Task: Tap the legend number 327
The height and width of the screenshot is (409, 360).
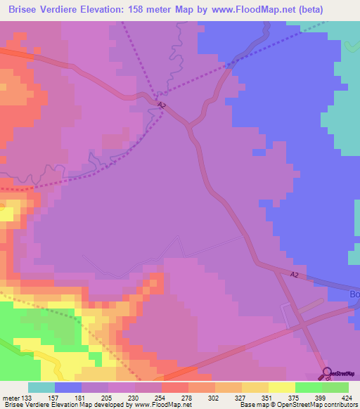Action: tap(242, 397)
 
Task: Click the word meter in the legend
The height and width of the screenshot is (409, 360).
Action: tap(11, 397)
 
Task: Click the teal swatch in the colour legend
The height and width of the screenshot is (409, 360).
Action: tap(41, 387)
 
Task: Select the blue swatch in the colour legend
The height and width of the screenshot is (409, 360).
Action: tap(68, 387)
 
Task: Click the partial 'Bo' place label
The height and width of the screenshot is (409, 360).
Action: tap(354, 294)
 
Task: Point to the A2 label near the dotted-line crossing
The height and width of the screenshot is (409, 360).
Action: tap(162, 105)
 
